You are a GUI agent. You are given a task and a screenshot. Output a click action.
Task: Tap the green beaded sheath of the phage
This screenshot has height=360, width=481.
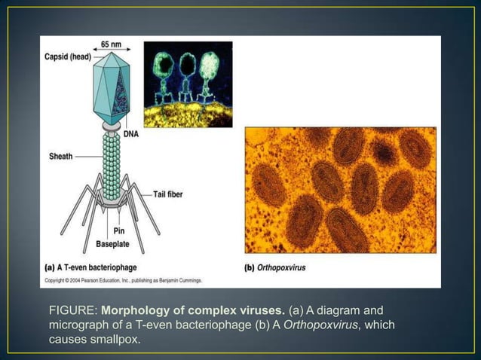click(x=111, y=162)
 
